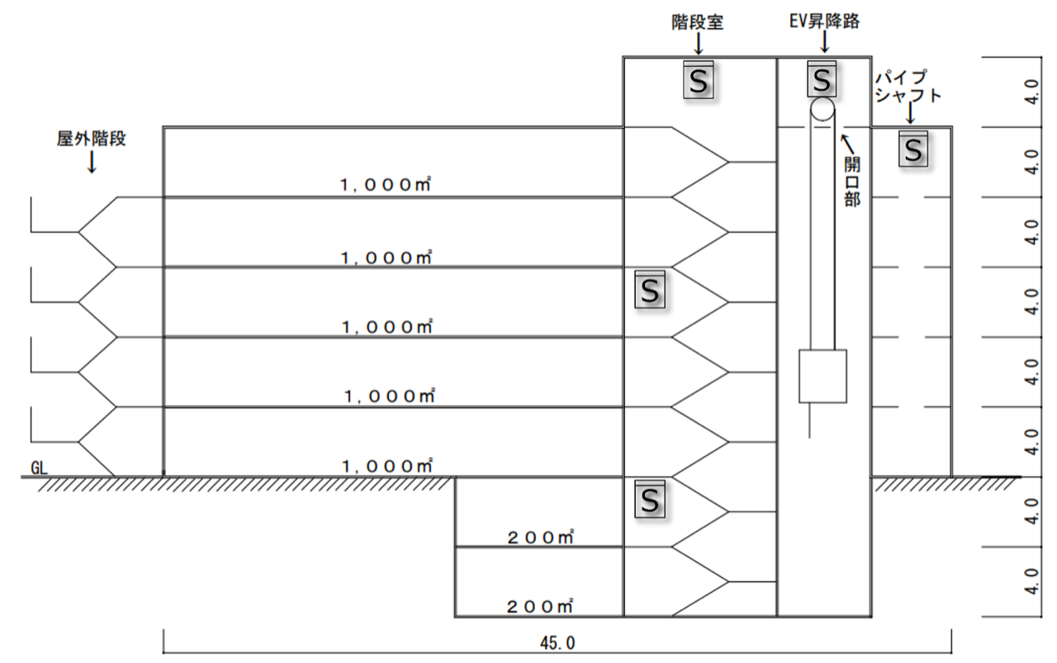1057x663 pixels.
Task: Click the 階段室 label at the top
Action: click(x=698, y=22)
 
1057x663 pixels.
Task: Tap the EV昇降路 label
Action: click(x=824, y=21)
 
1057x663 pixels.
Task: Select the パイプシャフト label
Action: click(x=908, y=87)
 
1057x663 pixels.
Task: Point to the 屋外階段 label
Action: click(x=92, y=139)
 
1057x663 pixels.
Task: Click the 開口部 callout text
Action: click(x=852, y=182)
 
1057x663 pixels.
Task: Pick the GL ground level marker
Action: click(x=39, y=468)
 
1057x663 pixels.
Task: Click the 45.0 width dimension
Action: click(x=557, y=642)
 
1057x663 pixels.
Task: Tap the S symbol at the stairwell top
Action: click(x=699, y=80)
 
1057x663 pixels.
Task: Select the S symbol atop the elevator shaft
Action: click(x=822, y=79)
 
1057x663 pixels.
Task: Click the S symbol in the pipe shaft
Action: click(x=913, y=149)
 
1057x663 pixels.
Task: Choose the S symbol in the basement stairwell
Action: click(x=650, y=500)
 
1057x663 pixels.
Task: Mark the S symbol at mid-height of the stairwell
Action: click(x=650, y=289)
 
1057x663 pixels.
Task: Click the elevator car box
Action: click(x=822, y=376)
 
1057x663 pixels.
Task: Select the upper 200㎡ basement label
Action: click(x=540, y=538)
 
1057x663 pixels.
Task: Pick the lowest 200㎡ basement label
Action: click(x=540, y=606)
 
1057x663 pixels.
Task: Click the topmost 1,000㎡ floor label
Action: click(x=385, y=184)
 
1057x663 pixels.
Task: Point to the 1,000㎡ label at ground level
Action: click(x=387, y=466)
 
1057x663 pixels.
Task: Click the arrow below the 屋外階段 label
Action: click(x=92, y=162)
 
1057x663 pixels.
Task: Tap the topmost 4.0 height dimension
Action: click(x=1031, y=92)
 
